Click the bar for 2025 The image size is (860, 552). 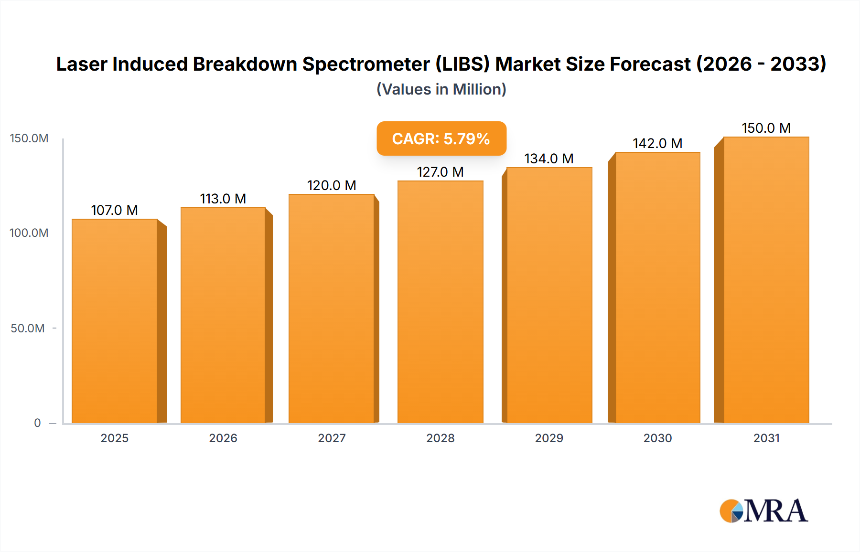(x=115, y=321)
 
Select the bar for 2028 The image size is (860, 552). (x=440, y=302)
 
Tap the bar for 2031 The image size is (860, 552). (x=766, y=280)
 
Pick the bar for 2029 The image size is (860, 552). (x=549, y=295)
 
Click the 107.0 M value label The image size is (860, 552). (x=114, y=210)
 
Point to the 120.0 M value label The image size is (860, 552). (x=332, y=185)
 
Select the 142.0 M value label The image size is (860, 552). (x=657, y=143)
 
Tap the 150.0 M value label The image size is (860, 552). (x=766, y=128)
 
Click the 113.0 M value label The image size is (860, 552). (x=223, y=199)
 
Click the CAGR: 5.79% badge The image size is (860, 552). (x=441, y=138)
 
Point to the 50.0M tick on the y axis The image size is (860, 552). (x=28, y=328)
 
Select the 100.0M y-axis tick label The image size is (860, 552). (x=29, y=233)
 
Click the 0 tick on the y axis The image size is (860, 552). (x=37, y=423)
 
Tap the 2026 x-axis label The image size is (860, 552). (x=223, y=438)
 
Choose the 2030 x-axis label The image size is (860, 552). (x=657, y=438)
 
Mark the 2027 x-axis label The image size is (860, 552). (x=332, y=438)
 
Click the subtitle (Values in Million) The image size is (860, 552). (x=441, y=89)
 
